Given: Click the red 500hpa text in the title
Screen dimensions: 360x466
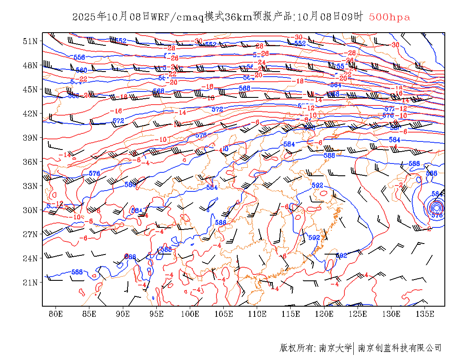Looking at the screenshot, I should coord(389,17).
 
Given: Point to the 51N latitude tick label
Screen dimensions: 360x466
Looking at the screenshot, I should coord(30,41).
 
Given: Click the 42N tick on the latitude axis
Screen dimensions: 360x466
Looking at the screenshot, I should coord(30,114).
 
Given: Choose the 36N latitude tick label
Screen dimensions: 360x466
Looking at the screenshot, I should coord(30,162).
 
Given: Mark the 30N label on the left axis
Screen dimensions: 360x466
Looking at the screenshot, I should coord(30,210).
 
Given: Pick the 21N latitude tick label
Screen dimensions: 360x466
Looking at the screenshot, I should coord(30,282).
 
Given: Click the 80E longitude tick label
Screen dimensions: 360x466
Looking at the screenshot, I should coord(56,314).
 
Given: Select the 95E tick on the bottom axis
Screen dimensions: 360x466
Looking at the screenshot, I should coord(157,314).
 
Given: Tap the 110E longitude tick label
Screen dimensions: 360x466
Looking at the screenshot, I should coord(257,314).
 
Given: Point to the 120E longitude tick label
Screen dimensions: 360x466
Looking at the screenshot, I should coord(324,314).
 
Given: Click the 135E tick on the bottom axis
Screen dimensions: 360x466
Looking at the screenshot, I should coord(425,314).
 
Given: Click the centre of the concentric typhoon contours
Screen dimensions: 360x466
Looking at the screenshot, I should coord(436,208).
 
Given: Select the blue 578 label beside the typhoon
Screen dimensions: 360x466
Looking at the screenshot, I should coord(437,215).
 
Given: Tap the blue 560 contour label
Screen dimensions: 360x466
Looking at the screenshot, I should coord(81,70).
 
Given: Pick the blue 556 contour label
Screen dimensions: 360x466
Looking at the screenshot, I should coord(79,57).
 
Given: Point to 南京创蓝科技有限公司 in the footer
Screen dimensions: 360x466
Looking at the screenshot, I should coord(399,348).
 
